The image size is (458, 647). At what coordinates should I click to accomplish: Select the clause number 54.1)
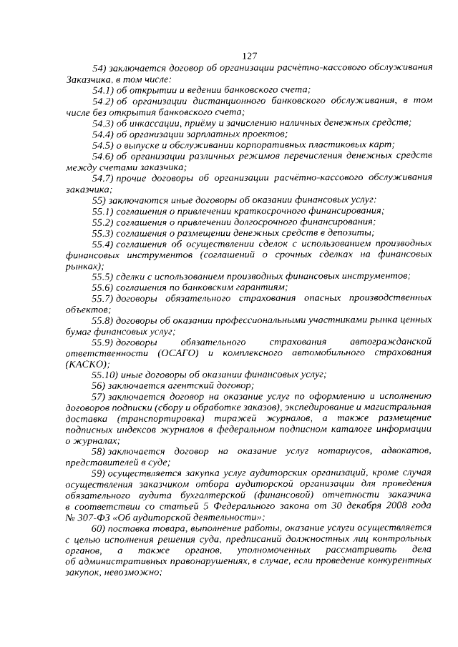pyautogui.click(x=104, y=89)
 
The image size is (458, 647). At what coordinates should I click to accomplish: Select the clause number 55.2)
pyautogui.click(x=104, y=222)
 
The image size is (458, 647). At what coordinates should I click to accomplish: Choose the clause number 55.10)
pyautogui.click(x=107, y=375)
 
